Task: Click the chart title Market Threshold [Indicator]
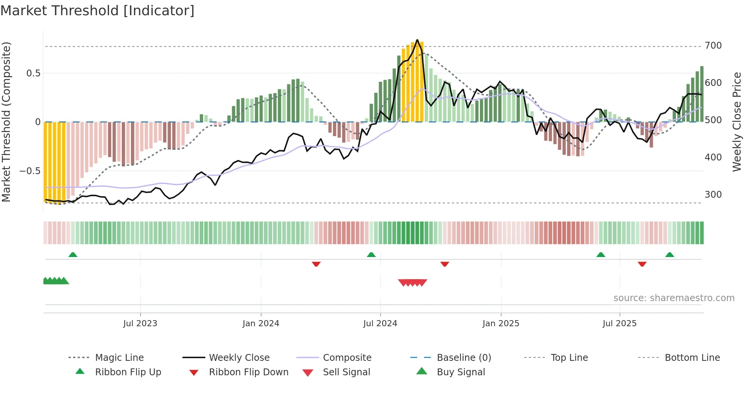97,11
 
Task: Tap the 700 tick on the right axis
713,46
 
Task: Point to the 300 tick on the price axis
713,195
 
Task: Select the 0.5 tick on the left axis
33,73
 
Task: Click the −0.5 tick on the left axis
30,171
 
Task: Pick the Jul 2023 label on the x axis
140,324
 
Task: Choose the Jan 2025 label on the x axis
501,324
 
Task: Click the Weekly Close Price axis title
737,122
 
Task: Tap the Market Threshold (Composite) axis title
6,122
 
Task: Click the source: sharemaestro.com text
674,298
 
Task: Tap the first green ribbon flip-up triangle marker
73,254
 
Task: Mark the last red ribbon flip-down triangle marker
642,264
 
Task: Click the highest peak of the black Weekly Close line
417,40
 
